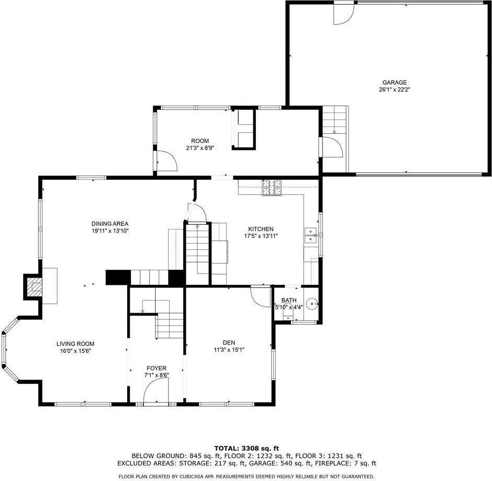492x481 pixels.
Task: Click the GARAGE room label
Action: click(x=394, y=82)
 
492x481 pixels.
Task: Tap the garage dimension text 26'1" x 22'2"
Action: click(x=394, y=89)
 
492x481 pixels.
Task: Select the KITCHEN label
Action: click(x=261, y=229)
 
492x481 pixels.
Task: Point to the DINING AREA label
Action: click(x=110, y=224)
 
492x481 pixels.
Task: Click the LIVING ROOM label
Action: click(x=75, y=343)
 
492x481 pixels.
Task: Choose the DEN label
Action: click(x=229, y=342)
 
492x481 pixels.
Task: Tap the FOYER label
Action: click(x=156, y=368)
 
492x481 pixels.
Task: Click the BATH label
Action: click(x=289, y=300)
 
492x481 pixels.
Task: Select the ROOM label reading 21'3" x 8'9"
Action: click(x=199, y=141)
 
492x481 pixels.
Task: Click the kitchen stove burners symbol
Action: click(x=272, y=188)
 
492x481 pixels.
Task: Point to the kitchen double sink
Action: click(x=311, y=236)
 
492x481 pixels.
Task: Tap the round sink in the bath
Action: click(x=312, y=303)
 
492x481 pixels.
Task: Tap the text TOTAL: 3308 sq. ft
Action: click(x=247, y=448)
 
